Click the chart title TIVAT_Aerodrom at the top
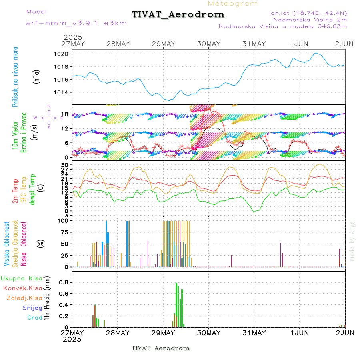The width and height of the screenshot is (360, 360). coord(178,14)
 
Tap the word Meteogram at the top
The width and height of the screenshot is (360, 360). coord(233,4)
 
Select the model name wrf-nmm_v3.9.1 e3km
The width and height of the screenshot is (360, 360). coord(76,23)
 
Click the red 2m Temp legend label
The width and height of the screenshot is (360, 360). coord(16,191)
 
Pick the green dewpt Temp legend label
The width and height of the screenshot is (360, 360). coord(32,188)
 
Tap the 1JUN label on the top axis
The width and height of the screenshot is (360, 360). coord(300,44)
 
